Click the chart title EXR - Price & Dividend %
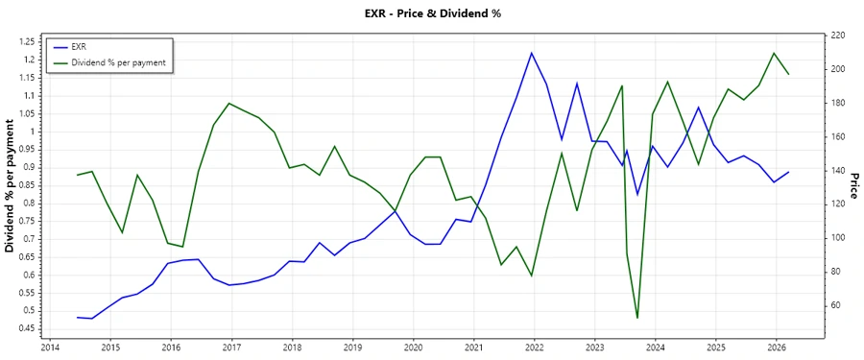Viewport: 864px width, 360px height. click(x=432, y=13)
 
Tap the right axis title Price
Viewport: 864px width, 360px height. click(x=853, y=186)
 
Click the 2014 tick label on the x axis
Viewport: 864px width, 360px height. click(x=49, y=348)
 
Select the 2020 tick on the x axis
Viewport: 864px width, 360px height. click(x=413, y=348)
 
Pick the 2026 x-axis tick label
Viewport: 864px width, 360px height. click(x=777, y=348)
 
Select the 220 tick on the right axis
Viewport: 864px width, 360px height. click(x=837, y=36)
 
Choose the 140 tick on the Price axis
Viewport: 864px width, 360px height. click(x=837, y=171)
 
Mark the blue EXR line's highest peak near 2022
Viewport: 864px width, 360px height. click(x=532, y=53)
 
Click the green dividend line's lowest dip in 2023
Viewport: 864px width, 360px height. click(x=637, y=318)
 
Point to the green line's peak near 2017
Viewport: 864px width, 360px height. click(x=228, y=103)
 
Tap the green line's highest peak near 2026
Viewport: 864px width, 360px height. click(x=774, y=53)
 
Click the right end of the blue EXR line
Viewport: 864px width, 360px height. click(x=789, y=173)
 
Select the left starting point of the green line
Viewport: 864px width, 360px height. click(x=77, y=175)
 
